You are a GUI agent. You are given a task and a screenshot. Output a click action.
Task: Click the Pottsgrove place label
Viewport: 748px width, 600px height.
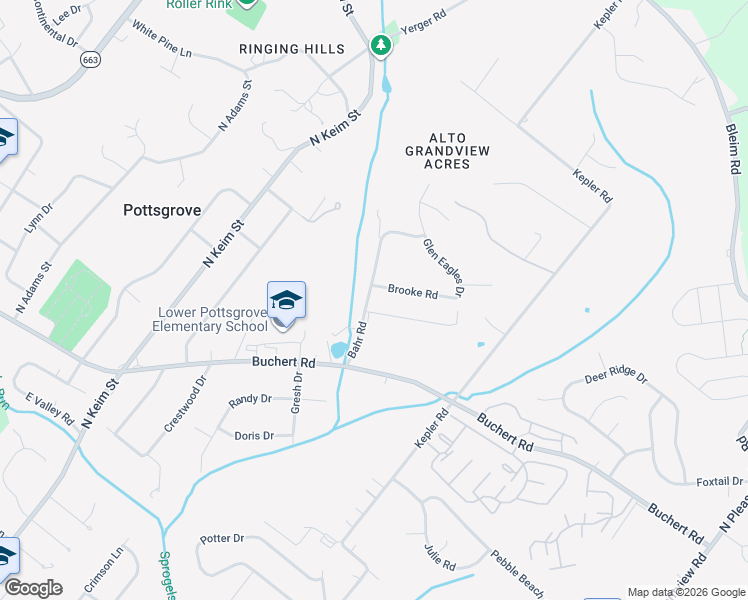162,211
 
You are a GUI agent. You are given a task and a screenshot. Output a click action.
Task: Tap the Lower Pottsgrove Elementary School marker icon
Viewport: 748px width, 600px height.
286,301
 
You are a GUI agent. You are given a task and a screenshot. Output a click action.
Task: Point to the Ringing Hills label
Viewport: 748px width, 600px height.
292,49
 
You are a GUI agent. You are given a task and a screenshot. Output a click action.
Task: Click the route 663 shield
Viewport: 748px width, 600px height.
91,60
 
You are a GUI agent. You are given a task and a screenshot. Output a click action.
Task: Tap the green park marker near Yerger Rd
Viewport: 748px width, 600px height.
380,45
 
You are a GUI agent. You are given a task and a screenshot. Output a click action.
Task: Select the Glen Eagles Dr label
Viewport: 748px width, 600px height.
443,267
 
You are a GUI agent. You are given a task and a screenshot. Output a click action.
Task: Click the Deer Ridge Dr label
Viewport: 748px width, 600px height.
616,379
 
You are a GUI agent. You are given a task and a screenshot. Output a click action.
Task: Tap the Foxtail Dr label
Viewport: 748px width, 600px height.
718,481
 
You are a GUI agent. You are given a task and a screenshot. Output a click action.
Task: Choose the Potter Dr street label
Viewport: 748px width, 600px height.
222,538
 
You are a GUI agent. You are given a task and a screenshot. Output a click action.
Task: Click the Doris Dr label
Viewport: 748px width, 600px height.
253,436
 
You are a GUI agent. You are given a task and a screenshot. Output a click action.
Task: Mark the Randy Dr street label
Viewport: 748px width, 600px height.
250,399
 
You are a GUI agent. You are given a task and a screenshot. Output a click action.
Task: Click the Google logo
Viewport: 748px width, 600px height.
33,587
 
